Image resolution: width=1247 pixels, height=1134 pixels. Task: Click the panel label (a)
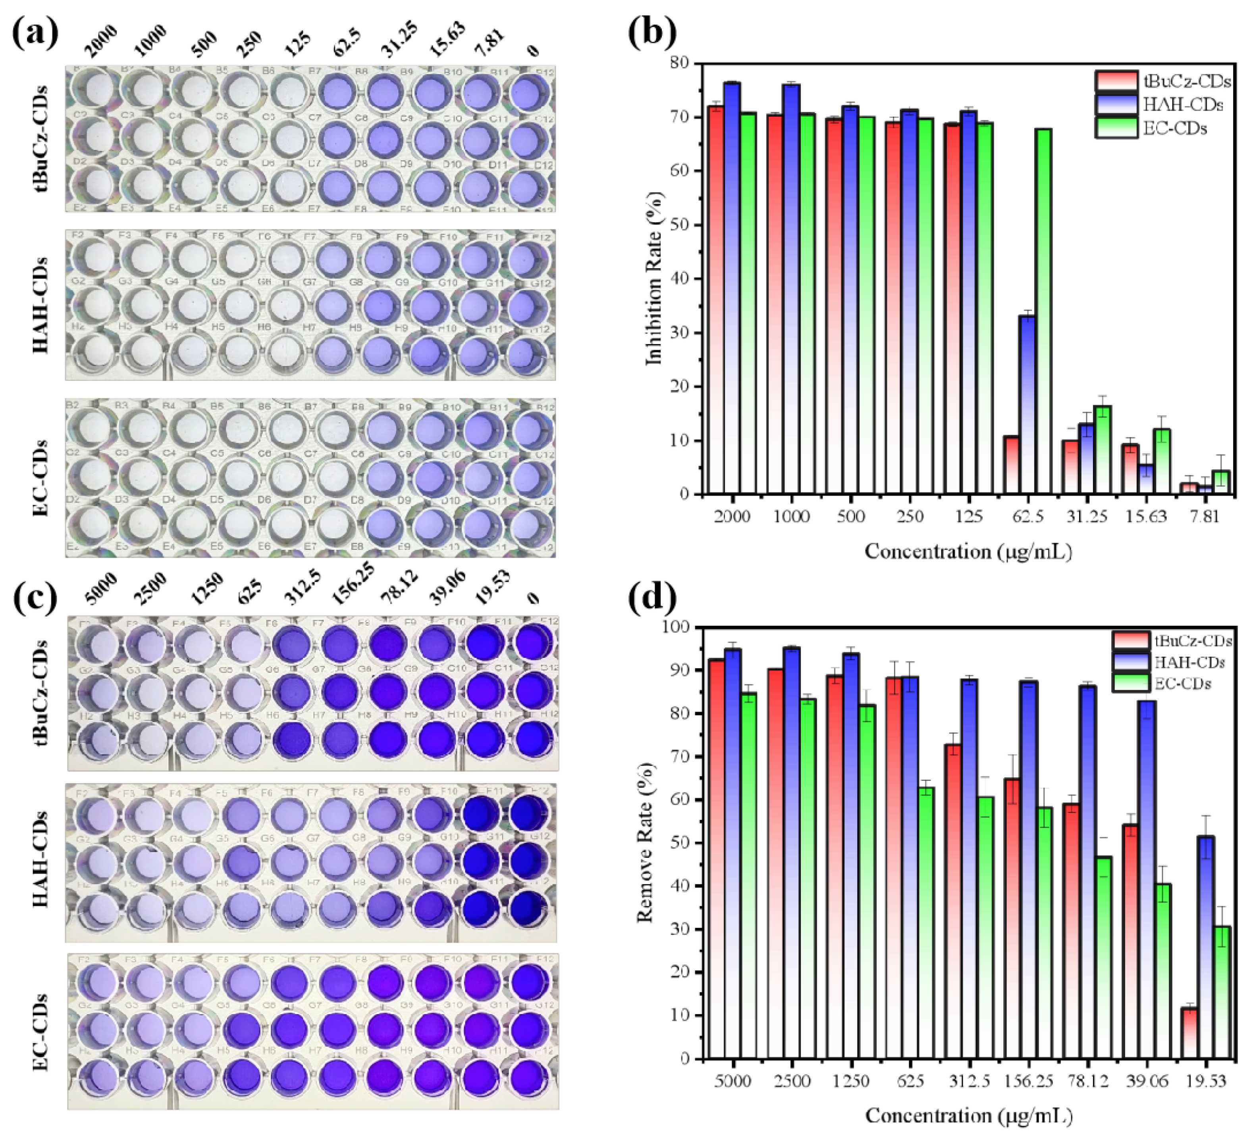point(35,34)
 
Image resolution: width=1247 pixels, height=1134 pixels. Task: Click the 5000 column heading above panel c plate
point(101,590)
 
